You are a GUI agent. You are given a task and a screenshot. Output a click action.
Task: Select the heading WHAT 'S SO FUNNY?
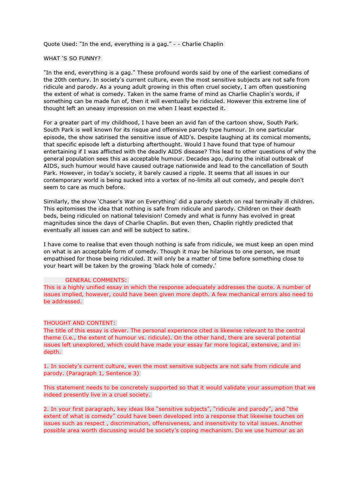tap(72, 59)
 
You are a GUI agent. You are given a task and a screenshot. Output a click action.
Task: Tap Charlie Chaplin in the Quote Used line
tap(202, 44)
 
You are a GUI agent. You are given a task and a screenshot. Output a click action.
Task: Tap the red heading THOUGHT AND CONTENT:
tap(79, 323)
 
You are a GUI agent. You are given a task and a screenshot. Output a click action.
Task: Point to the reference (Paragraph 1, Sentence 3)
tap(103, 373)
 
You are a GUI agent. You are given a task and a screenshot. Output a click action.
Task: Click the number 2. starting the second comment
tap(46, 409)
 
